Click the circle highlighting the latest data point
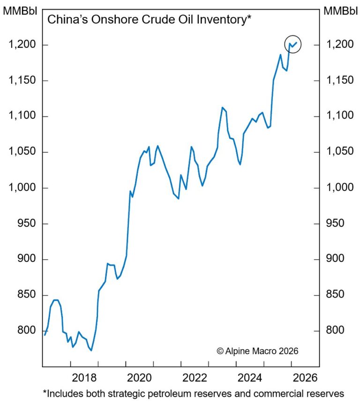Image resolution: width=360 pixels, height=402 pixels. tap(292, 44)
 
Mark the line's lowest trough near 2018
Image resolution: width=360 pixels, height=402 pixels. tap(91, 350)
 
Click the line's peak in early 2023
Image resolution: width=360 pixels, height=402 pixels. tap(222, 107)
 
